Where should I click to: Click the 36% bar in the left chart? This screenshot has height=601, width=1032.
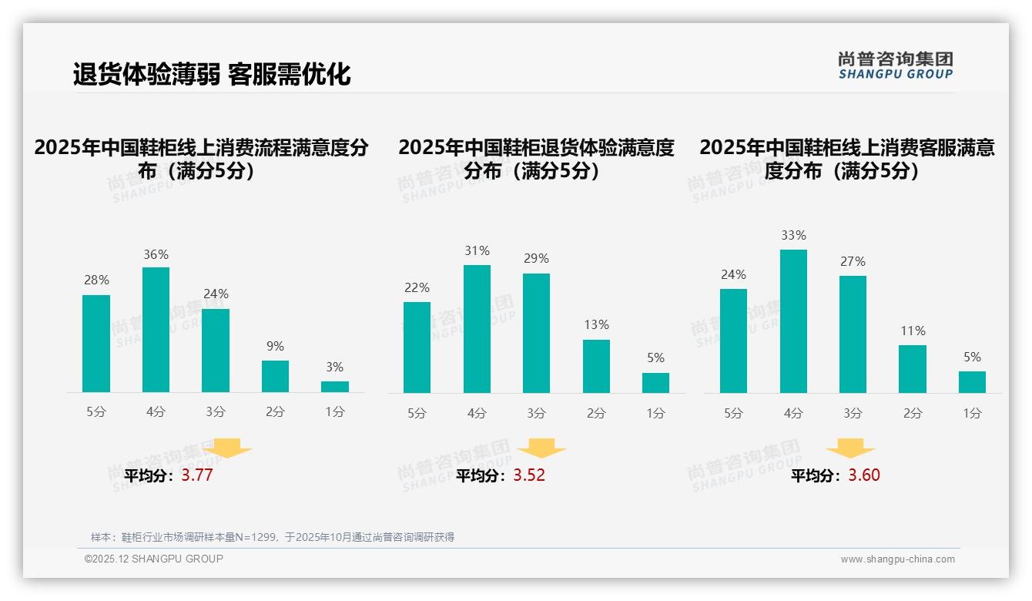pyautogui.click(x=156, y=330)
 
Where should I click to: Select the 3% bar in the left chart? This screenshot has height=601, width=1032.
pyautogui.click(x=335, y=387)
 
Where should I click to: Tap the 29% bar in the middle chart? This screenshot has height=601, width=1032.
pyautogui.click(x=536, y=333)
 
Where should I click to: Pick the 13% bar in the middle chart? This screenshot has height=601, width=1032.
pyautogui.click(x=596, y=366)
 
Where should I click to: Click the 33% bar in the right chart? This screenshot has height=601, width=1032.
pyautogui.click(x=793, y=321)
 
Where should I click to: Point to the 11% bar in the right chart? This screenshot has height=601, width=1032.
pyautogui.click(x=913, y=369)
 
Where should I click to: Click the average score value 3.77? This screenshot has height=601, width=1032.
pyautogui.click(x=197, y=475)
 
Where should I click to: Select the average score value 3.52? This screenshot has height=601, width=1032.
pyautogui.click(x=529, y=475)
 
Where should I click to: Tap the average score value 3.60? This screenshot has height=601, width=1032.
pyautogui.click(x=864, y=475)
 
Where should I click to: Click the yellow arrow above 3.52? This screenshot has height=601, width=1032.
pyautogui.click(x=541, y=448)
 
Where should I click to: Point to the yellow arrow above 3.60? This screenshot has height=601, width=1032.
pyautogui.click(x=850, y=448)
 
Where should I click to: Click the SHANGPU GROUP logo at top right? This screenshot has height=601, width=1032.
pyautogui.click(x=895, y=65)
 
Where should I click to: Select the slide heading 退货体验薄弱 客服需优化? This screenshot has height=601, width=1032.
pyautogui.click(x=212, y=74)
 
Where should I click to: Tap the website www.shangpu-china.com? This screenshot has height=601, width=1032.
pyautogui.click(x=897, y=559)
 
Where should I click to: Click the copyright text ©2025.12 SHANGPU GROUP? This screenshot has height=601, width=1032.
pyautogui.click(x=154, y=559)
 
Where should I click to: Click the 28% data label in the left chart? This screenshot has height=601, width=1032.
pyautogui.click(x=96, y=280)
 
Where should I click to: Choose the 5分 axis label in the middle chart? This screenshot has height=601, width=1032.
pyautogui.click(x=417, y=413)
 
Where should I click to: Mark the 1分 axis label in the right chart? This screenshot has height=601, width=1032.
pyautogui.click(x=972, y=413)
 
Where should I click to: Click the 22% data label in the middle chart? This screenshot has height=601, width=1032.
pyautogui.click(x=417, y=288)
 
